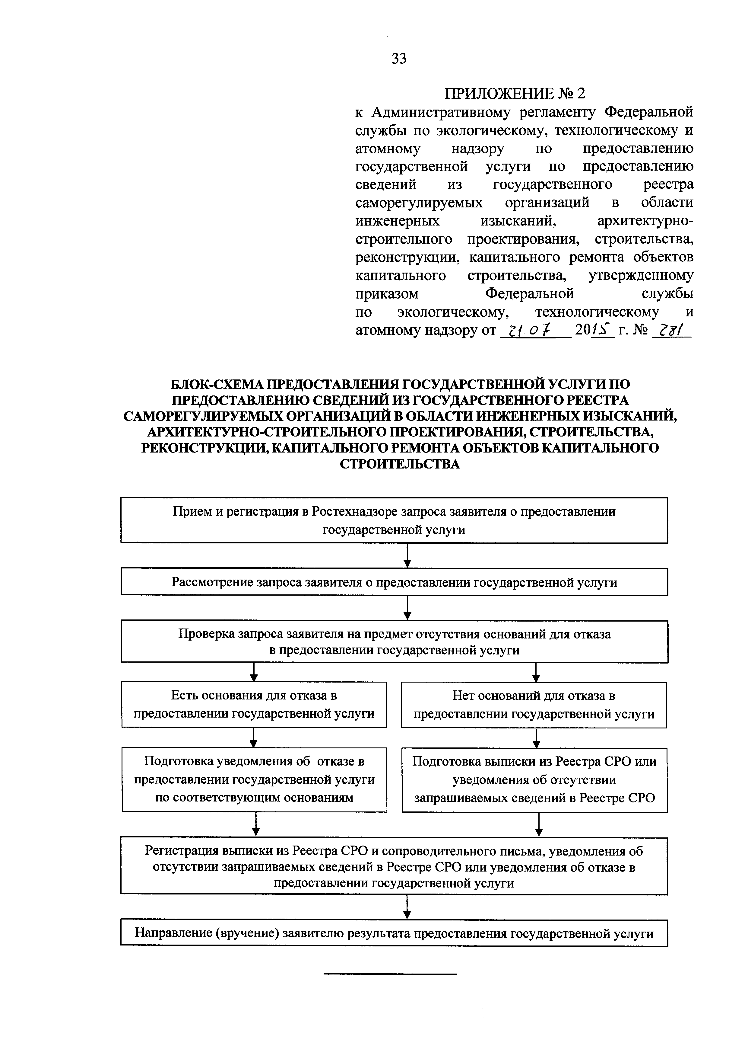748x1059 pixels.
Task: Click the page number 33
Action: click(399, 59)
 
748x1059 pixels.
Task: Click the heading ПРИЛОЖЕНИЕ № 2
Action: click(514, 94)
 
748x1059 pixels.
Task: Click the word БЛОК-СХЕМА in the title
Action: click(216, 384)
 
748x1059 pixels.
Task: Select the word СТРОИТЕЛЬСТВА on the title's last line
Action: click(400, 464)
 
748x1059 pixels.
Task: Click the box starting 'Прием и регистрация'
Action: click(394, 520)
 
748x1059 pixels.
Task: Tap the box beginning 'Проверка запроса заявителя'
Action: click(394, 641)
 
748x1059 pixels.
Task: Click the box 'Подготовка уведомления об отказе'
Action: click(254, 779)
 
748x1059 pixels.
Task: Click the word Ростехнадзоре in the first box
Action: click(354, 511)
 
